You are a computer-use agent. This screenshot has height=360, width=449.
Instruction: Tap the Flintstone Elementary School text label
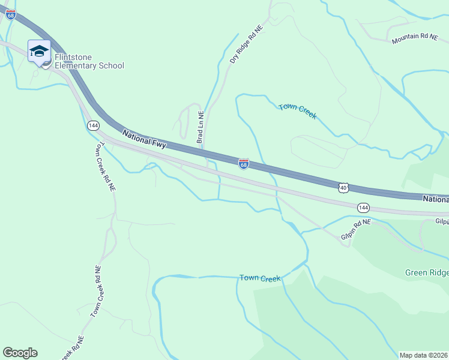(x=89, y=62)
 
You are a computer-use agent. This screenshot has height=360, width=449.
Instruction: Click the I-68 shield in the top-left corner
(x=11, y=15)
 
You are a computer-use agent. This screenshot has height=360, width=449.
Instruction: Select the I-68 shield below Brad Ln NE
(x=243, y=164)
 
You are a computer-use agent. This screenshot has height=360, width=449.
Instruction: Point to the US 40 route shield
(x=343, y=188)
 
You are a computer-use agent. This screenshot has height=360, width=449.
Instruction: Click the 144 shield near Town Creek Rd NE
(x=92, y=125)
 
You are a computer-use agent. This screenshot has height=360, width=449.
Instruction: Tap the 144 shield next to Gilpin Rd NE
(x=363, y=208)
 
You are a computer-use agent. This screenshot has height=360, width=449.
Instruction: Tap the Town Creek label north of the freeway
(x=297, y=111)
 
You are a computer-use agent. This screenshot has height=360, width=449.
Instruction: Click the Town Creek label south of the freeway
(x=260, y=278)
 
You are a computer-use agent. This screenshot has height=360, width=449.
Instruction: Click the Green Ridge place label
(x=426, y=272)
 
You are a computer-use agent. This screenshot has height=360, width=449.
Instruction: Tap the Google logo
(x=20, y=353)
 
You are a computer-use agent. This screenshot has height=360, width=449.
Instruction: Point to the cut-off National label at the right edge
(x=435, y=199)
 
